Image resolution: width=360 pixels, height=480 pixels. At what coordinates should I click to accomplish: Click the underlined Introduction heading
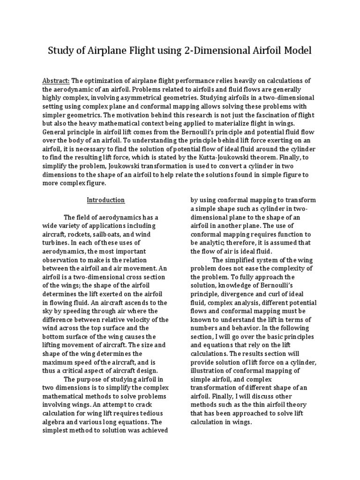(106, 200)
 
